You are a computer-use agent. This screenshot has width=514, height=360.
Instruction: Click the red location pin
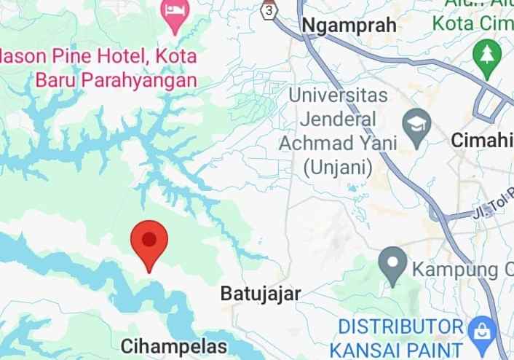(149, 242)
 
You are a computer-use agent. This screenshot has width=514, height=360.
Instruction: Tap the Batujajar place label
(260, 294)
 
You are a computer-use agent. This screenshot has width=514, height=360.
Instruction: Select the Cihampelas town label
(174, 345)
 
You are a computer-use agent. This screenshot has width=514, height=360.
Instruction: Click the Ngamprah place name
(349, 26)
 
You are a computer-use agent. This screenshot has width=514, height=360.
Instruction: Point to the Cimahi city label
(483, 140)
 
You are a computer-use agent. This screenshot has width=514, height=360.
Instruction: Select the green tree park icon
(484, 53)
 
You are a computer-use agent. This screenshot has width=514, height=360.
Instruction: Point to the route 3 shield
(270, 11)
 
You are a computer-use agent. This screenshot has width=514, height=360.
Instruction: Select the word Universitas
(338, 95)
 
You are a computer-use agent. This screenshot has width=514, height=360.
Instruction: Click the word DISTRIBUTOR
(400, 325)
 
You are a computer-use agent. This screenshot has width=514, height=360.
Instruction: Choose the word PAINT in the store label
(435, 349)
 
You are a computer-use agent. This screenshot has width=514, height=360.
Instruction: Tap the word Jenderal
(339, 118)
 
